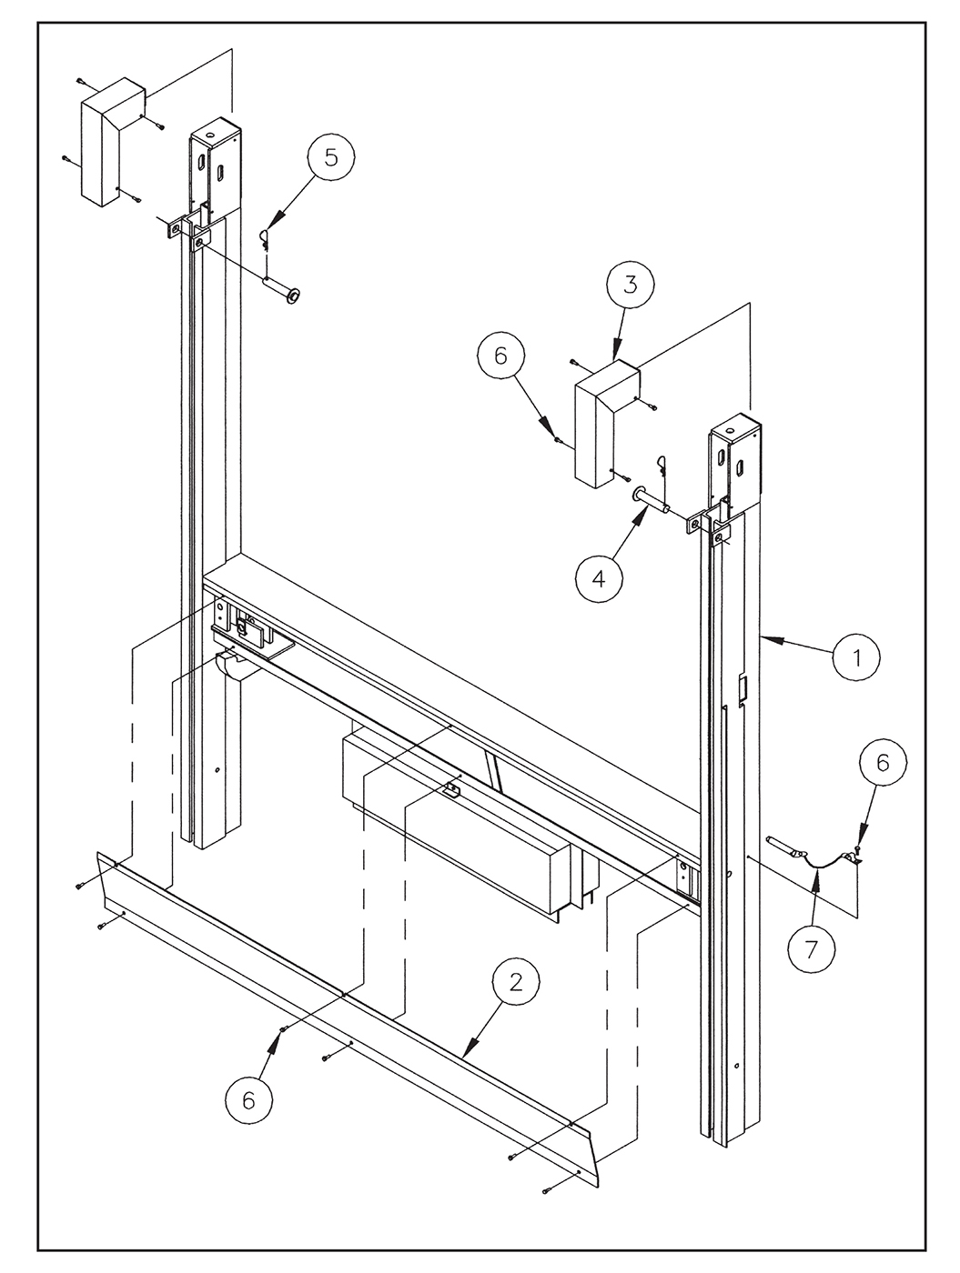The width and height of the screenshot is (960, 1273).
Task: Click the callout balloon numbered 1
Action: (856, 657)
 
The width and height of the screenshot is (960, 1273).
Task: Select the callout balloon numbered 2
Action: (516, 981)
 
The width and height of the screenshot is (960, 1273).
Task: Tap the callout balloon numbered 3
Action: (631, 285)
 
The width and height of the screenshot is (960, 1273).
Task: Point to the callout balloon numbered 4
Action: (599, 578)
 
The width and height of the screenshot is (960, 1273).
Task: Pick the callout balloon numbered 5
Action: (331, 156)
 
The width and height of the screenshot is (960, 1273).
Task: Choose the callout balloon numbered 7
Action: (811, 948)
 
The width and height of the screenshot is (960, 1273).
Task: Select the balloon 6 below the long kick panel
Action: (248, 1100)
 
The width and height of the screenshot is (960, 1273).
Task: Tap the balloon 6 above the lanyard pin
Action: (883, 763)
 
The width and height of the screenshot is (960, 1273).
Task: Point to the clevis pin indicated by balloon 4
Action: (652, 499)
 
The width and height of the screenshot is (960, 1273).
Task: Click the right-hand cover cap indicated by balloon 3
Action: (606, 424)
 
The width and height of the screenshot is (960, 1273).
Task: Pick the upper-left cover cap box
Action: (112, 142)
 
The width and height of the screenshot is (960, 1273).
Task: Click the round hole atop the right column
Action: (730, 432)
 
